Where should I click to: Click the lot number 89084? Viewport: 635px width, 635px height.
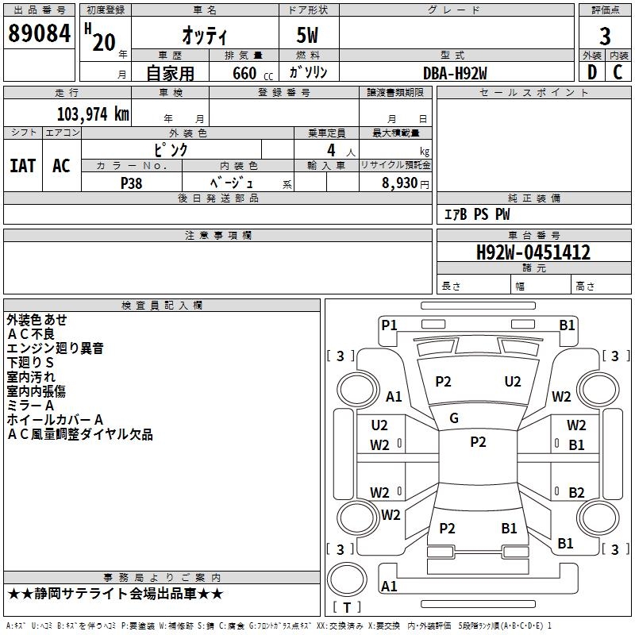(x=39, y=34)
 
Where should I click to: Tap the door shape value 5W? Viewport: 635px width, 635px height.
(x=308, y=36)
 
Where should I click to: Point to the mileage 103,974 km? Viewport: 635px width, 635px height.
(x=93, y=114)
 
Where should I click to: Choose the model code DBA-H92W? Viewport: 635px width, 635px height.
(x=455, y=73)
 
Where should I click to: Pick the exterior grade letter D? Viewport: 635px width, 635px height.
(x=591, y=73)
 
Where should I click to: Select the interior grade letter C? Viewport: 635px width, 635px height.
(x=618, y=73)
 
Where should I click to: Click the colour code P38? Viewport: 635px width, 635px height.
(x=132, y=183)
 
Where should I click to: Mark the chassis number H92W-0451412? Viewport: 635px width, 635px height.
(x=533, y=253)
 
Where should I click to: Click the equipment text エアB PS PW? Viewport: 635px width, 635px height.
(x=476, y=214)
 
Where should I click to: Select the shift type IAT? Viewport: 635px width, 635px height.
(x=22, y=166)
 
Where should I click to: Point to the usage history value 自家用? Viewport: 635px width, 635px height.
(x=170, y=73)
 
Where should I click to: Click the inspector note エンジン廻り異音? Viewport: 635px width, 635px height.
(x=55, y=348)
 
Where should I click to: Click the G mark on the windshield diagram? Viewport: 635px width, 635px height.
(x=454, y=418)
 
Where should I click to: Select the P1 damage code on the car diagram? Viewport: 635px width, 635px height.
(x=389, y=325)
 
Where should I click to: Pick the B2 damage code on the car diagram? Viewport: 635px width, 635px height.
(x=576, y=492)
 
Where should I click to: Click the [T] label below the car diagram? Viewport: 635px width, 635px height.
(x=346, y=607)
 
